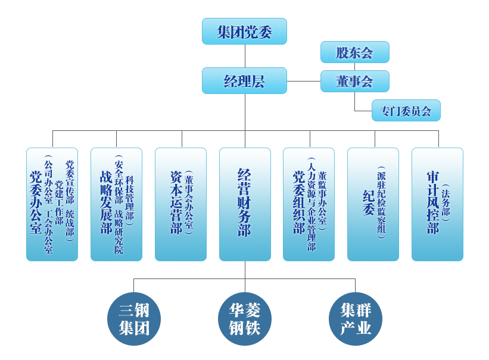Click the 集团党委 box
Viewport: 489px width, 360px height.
pos(244,31)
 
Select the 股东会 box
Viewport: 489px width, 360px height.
pos(354,52)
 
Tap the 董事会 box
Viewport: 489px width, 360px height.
pos(354,81)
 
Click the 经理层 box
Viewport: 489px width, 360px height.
pos(244,81)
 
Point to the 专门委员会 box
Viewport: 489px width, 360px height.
pos(406,111)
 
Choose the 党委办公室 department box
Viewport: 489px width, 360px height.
pos(52,204)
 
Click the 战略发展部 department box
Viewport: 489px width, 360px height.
pos(116,204)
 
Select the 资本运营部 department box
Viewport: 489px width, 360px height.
pos(180,204)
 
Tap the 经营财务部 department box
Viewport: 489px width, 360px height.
pos(245,204)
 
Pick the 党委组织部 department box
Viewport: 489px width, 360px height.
pos(309,204)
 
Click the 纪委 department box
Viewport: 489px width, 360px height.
pos(373,204)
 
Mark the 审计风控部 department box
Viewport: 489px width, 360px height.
pos(437,204)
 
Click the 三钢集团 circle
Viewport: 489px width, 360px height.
pos(134,319)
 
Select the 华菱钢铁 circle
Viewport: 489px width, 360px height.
pos(245,319)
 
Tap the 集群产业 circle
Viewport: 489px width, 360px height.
pos(356,319)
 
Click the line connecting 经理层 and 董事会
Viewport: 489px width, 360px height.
pos(303,81)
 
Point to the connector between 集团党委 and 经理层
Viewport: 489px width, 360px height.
pos(245,56)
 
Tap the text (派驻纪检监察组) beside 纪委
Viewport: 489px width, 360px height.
pos(381,203)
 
